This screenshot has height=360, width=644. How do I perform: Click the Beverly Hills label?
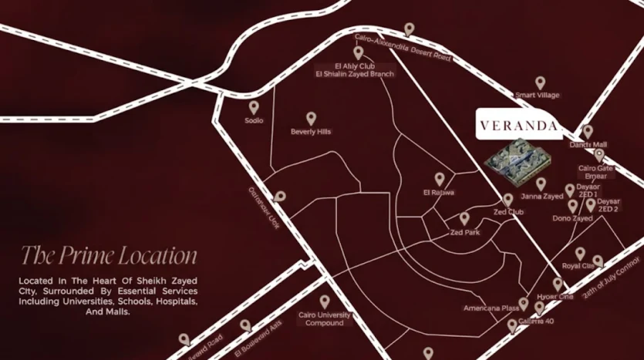coord(311,132)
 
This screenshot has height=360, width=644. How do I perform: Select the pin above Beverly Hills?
coord(311,118)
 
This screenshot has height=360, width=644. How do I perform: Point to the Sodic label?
coord(254,121)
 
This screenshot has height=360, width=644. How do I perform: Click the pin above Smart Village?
coord(541,82)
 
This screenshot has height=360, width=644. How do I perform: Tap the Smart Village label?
coord(538,96)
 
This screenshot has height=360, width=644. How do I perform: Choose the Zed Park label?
coord(465,232)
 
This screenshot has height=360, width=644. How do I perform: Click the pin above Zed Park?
coord(465,219)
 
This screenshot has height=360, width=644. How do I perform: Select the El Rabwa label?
coord(439,192)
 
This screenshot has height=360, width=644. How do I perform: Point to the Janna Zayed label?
coord(542,197)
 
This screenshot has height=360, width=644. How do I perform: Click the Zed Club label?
coord(508,211)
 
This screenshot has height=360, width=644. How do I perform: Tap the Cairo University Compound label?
coord(324,319)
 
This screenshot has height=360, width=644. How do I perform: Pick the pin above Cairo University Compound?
coord(325,301)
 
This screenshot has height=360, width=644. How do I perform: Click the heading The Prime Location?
coord(109,255)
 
